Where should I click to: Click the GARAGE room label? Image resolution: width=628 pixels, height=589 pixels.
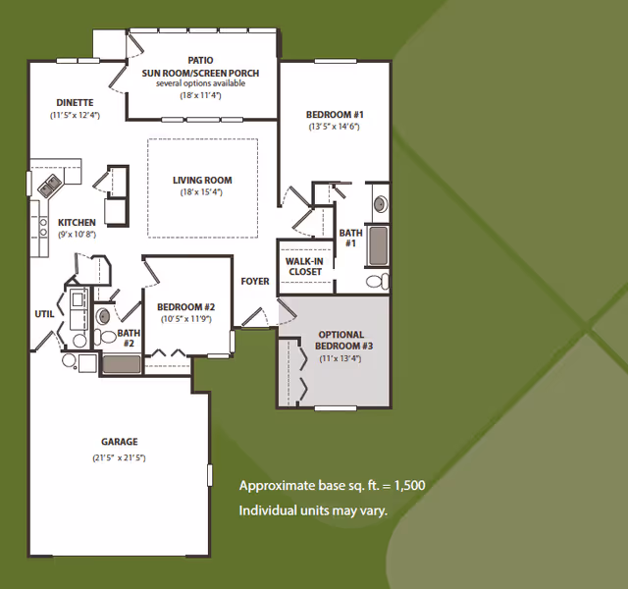tap(120, 442)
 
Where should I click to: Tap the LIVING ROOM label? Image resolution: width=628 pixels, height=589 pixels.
tap(202, 181)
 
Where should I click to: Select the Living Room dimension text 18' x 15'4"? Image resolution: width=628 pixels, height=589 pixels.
tap(201, 192)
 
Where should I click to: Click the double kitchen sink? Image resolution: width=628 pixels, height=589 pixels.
tap(50, 186)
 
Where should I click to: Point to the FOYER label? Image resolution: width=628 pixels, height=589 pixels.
tap(255, 282)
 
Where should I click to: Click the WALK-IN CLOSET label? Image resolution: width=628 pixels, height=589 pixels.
tap(304, 266)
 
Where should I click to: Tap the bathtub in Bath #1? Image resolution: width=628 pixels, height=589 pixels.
tap(378, 245)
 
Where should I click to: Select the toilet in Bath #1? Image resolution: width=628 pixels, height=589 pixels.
tap(377, 281)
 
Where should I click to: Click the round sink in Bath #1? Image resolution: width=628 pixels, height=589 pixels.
tap(381, 204)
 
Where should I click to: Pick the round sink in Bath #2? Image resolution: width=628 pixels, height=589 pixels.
tap(103, 316)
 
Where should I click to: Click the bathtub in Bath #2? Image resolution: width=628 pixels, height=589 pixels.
tap(122, 364)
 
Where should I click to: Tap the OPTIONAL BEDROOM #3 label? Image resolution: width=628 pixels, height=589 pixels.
tap(342, 341)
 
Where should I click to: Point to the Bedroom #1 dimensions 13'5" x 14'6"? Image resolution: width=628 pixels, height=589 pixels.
tap(334, 127)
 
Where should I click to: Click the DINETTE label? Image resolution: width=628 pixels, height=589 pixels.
tap(75, 102)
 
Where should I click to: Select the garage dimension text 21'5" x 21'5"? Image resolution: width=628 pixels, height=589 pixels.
tap(119, 457)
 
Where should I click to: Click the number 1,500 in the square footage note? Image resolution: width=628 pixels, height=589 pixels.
tap(410, 486)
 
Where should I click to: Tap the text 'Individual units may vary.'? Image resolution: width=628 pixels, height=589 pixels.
tap(313, 510)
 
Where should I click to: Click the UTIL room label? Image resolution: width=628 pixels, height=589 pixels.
tap(44, 314)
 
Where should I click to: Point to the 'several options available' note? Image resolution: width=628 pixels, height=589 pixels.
tap(200, 83)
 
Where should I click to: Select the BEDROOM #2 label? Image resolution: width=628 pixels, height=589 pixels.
tap(185, 307)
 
